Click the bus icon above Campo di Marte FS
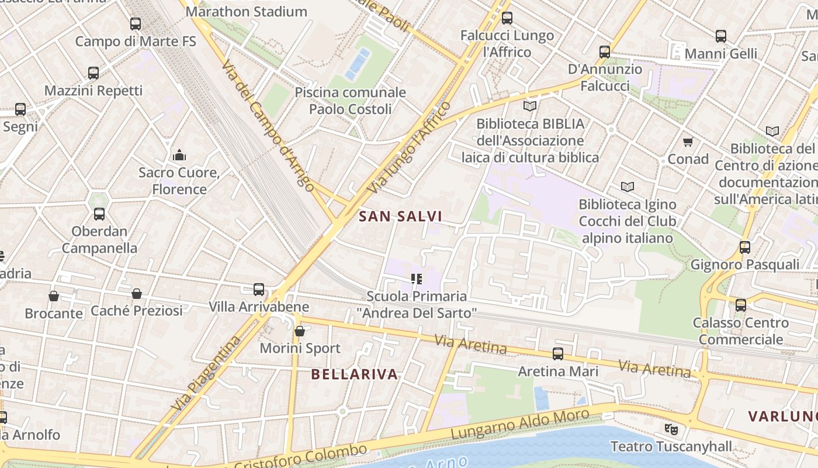pyautogui.click(x=136, y=24)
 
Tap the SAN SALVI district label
pyautogui.click(x=400, y=216)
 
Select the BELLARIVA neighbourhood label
pyautogui.click(x=354, y=374)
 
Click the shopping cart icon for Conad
pyautogui.click(x=688, y=142)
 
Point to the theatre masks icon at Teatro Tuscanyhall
pyautogui.click(x=671, y=429)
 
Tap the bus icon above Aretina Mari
pyautogui.click(x=558, y=354)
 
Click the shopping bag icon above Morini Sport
pyautogui.click(x=300, y=331)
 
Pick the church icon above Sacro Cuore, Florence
pyautogui.click(x=179, y=155)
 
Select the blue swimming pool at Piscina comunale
pyautogui.click(x=358, y=63)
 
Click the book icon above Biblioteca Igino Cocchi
pyautogui.click(x=628, y=187)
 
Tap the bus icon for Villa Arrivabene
pyautogui.click(x=259, y=290)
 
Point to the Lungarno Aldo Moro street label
pyautogui.click(x=520, y=425)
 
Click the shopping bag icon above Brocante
pyautogui.click(x=54, y=296)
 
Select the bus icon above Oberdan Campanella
pyautogui.click(x=99, y=214)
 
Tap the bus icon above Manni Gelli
pyautogui.click(x=721, y=36)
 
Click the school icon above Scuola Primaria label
pyautogui.click(x=417, y=279)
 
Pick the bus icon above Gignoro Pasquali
pyautogui.click(x=745, y=247)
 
